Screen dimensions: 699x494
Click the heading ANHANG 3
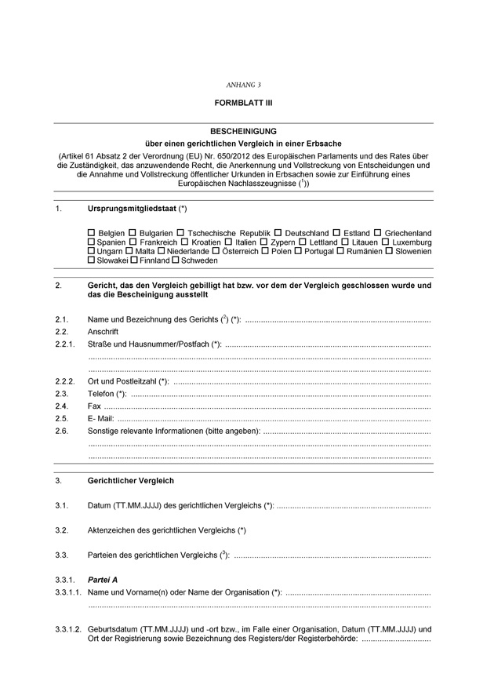pos(243,84)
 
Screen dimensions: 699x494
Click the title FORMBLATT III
pos(243,103)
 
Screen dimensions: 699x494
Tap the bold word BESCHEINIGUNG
pos(243,131)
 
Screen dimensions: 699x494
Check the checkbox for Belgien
pos(92,233)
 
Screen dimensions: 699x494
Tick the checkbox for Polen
pos(265,251)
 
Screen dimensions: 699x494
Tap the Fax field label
pos(95,406)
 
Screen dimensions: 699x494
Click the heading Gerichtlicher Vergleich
pos(131,480)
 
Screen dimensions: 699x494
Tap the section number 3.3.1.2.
pos(69,628)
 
